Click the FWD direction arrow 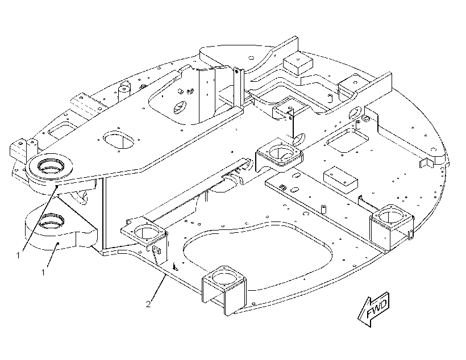(x=374, y=310)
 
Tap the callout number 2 (x=148, y=304)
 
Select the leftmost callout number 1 (x=18, y=255)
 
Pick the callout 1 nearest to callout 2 (x=43, y=272)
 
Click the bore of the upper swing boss (x=51, y=165)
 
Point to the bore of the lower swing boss (x=52, y=220)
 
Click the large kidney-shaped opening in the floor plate (x=257, y=256)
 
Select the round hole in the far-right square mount (x=390, y=217)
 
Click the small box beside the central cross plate (x=340, y=179)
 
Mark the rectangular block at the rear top (x=298, y=63)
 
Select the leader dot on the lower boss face (x=58, y=243)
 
